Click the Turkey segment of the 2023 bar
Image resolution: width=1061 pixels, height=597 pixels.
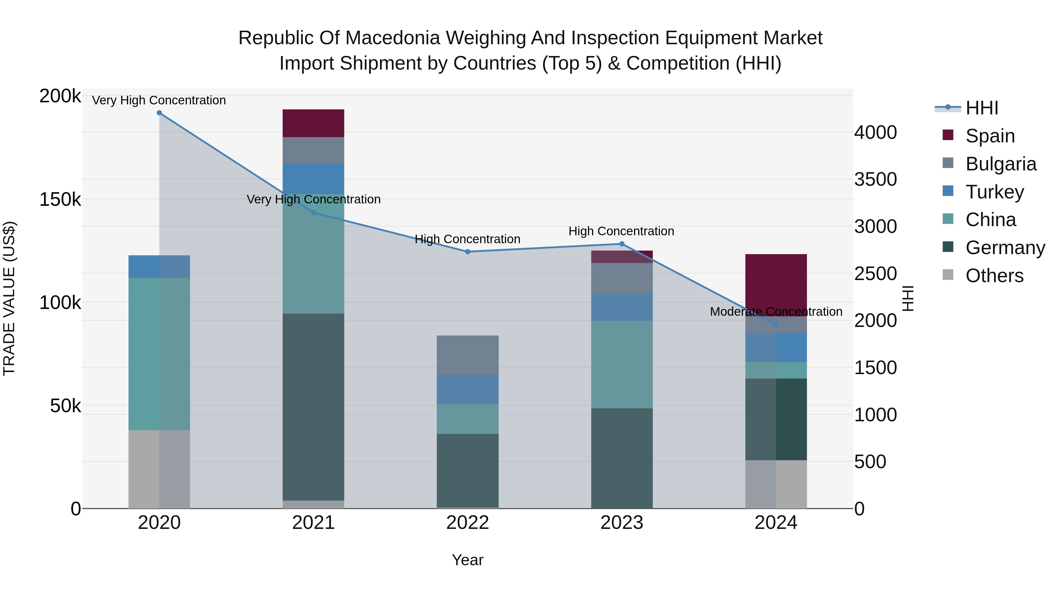tap(622, 307)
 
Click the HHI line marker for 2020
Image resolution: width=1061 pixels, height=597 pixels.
tap(159, 113)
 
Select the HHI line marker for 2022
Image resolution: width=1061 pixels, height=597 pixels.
tap(467, 252)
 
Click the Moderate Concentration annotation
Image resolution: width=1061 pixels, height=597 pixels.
tap(776, 312)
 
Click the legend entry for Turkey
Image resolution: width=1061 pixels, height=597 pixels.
tap(994, 192)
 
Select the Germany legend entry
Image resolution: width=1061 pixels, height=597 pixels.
tap(1005, 248)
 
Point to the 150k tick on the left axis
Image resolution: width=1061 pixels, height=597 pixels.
tap(60, 200)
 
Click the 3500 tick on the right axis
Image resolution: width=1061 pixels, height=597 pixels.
tap(875, 180)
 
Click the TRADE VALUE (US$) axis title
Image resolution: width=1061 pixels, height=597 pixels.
tap(9, 298)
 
